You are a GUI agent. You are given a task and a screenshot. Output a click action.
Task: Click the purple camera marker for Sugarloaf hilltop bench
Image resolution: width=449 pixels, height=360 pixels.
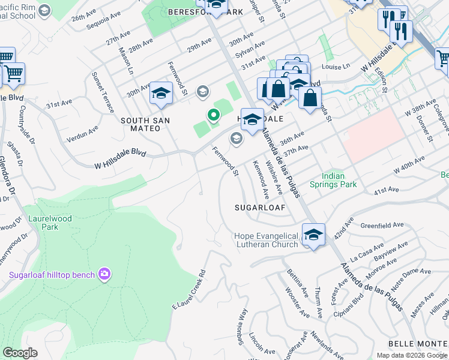pos(105,275)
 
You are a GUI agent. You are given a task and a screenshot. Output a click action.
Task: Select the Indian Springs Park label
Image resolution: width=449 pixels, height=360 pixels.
pos(333,180)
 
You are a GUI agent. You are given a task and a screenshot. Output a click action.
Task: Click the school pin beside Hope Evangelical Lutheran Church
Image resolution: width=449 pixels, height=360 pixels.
pos(313,235)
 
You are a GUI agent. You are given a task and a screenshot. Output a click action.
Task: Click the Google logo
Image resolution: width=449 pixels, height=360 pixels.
pos(20,352)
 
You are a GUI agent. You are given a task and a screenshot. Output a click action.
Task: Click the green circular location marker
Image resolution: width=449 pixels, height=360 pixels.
pos(212,115)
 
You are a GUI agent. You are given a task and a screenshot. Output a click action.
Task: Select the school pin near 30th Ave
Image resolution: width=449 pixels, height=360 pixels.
pos(161,93)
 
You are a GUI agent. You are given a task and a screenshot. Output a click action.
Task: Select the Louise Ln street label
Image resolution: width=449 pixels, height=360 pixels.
pos(337,67)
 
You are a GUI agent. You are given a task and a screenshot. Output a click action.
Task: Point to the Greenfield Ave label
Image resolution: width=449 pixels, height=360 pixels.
pos(382,226)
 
